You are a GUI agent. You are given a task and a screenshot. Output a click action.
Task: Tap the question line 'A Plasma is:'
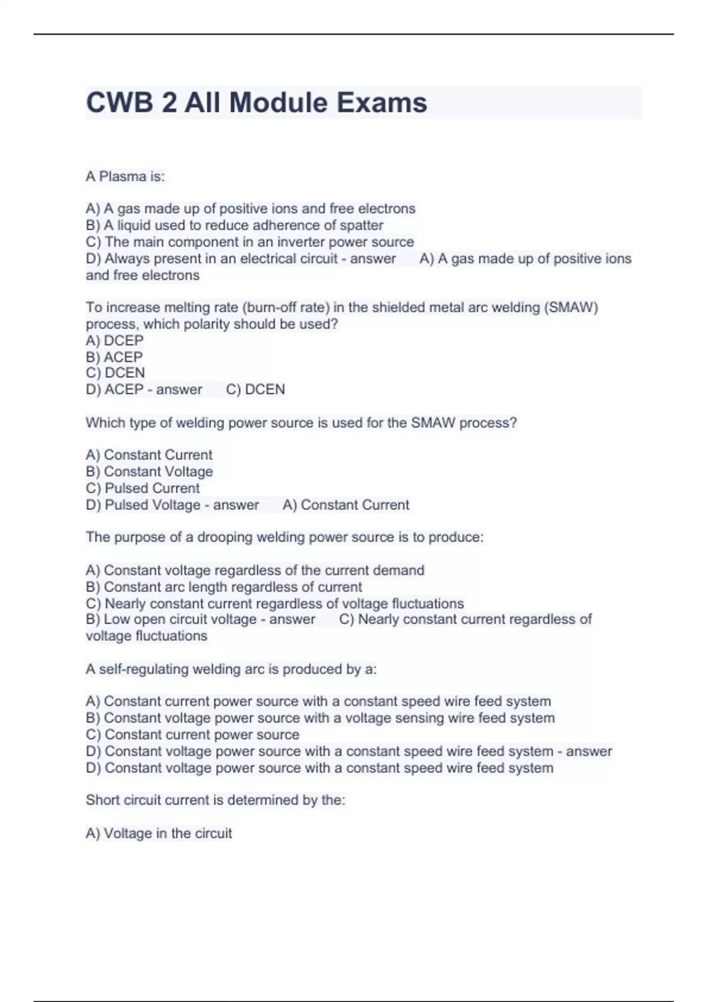(125, 176)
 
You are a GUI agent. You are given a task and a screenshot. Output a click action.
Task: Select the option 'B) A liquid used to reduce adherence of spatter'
(234, 225)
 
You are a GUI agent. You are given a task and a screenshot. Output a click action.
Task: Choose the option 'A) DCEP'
(114, 340)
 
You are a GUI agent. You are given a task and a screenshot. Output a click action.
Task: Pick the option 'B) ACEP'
(114, 357)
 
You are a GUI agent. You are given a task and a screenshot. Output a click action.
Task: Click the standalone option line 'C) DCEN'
(115, 373)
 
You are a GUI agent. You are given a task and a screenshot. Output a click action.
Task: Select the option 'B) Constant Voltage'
(149, 472)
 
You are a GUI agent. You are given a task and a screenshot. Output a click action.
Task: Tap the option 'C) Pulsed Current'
(143, 488)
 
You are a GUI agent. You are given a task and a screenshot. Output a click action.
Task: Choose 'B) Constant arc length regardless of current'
(224, 587)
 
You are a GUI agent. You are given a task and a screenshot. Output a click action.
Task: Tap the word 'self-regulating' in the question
(145, 669)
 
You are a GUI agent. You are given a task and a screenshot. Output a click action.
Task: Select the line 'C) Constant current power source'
(192, 734)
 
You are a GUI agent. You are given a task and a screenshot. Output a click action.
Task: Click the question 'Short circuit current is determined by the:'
(215, 800)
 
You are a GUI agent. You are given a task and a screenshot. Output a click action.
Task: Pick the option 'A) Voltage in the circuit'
(159, 833)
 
